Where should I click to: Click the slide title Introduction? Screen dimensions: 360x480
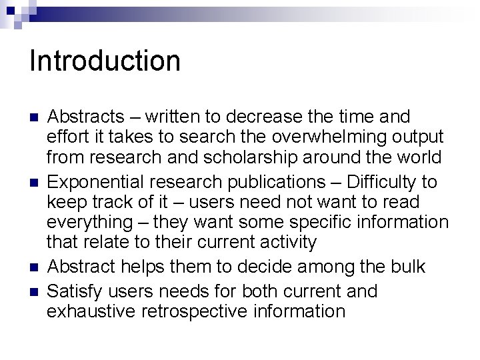105,61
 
